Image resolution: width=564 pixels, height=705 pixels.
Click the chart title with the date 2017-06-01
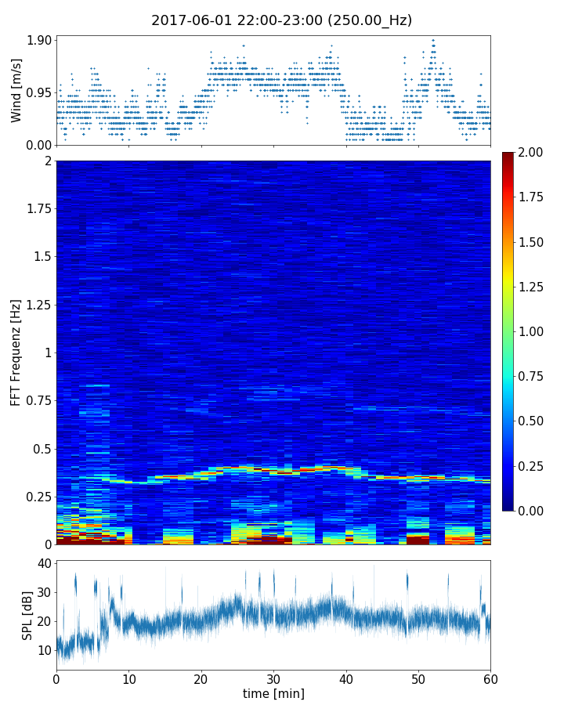pyautogui.click(x=281, y=20)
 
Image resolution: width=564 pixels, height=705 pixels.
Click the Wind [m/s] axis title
pyautogui.click(x=16, y=90)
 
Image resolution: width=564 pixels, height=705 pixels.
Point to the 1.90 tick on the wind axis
pyautogui.click(x=41, y=40)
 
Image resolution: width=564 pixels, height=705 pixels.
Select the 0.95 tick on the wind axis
pyautogui.click(x=41, y=92)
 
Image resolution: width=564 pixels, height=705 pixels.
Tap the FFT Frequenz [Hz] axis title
pyautogui.click(x=16, y=352)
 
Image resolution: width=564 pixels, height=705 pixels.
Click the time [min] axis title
pyautogui.click(x=273, y=693)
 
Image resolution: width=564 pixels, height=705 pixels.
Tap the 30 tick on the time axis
pyautogui.click(x=273, y=678)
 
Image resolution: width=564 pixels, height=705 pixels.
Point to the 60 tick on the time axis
pyautogui.click(x=490, y=678)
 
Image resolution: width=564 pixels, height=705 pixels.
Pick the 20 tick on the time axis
pyautogui.click(x=201, y=678)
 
